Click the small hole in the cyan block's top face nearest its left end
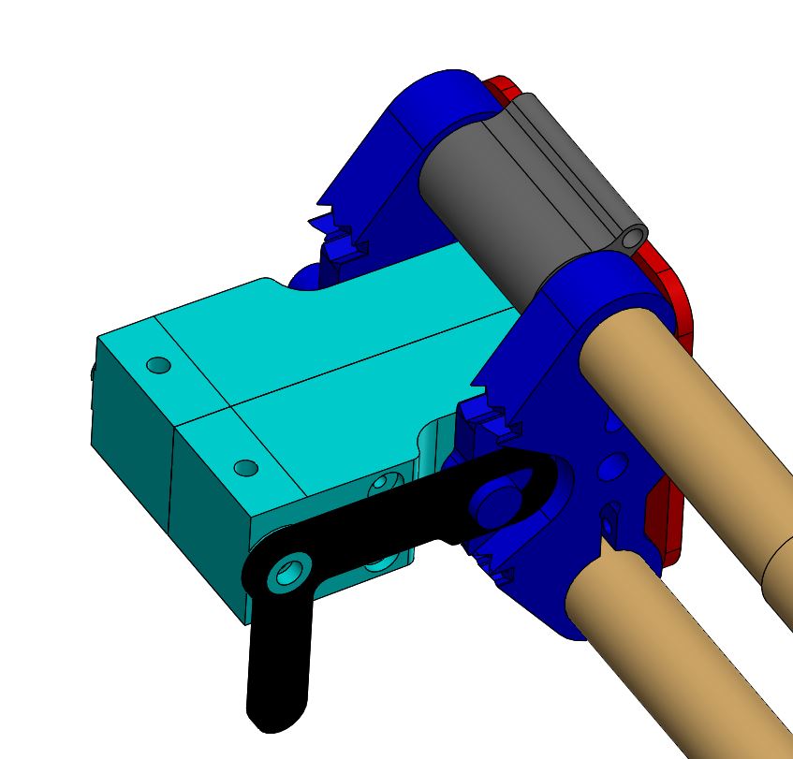(x=158, y=364)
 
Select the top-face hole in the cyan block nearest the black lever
(x=245, y=467)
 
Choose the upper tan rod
(x=693, y=421)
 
